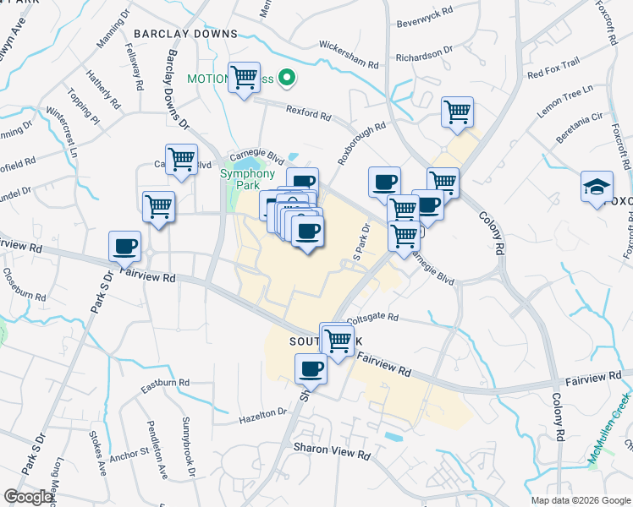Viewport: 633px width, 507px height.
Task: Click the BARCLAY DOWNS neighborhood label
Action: (x=185, y=34)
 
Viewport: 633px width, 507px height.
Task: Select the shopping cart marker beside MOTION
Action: (x=244, y=79)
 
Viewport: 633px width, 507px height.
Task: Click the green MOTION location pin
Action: (x=287, y=79)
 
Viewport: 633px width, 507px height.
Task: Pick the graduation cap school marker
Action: (x=597, y=188)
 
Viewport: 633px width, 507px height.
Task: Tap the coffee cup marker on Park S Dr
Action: (x=125, y=247)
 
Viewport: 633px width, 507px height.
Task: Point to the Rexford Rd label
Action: (x=306, y=111)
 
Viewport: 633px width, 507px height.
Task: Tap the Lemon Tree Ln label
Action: (x=565, y=101)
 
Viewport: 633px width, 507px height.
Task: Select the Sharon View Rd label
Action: (x=332, y=454)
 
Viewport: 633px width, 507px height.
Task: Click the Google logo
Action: (x=29, y=497)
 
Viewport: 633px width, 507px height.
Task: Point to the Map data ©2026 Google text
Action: (x=581, y=500)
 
